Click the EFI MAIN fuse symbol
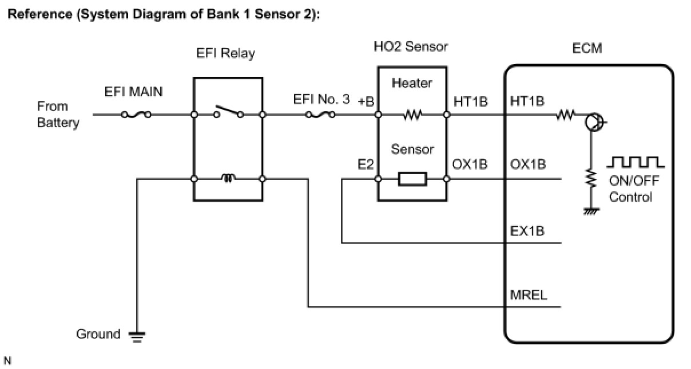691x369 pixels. [136, 115]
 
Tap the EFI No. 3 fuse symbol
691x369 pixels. [320, 115]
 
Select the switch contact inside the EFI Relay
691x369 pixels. [229, 112]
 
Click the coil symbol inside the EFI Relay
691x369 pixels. [228, 178]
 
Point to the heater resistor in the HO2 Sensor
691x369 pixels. [412, 115]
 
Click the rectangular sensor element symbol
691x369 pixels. [412, 179]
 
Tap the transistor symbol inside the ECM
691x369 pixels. [594, 122]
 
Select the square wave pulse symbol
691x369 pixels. [636, 162]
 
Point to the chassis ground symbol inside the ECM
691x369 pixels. [591, 211]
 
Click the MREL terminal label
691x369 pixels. [529, 295]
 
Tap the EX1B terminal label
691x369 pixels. [527, 231]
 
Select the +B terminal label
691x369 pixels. [366, 101]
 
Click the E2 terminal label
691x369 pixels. [366, 164]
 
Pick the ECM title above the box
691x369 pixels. [587, 48]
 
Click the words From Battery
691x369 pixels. [58, 115]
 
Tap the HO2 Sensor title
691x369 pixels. [411, 46]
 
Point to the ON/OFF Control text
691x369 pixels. [634, 189]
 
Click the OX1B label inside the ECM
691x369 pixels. [528, 164]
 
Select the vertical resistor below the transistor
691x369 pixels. [591, 178]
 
